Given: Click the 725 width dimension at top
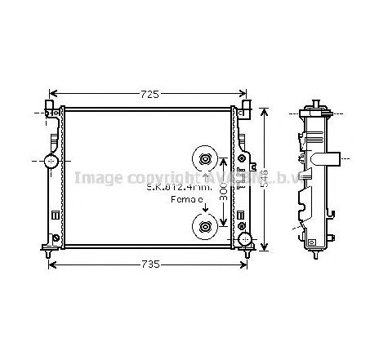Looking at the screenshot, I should click(x=148, y=94).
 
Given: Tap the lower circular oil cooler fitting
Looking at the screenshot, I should click(x=204, y=227).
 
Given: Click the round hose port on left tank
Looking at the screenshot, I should click(x=51, y=161).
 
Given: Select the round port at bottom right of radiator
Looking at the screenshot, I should click(x=244, y=239).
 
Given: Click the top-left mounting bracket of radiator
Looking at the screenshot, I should click(x=51, y=109).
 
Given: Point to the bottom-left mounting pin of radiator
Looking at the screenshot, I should click(x=52, y=256).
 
